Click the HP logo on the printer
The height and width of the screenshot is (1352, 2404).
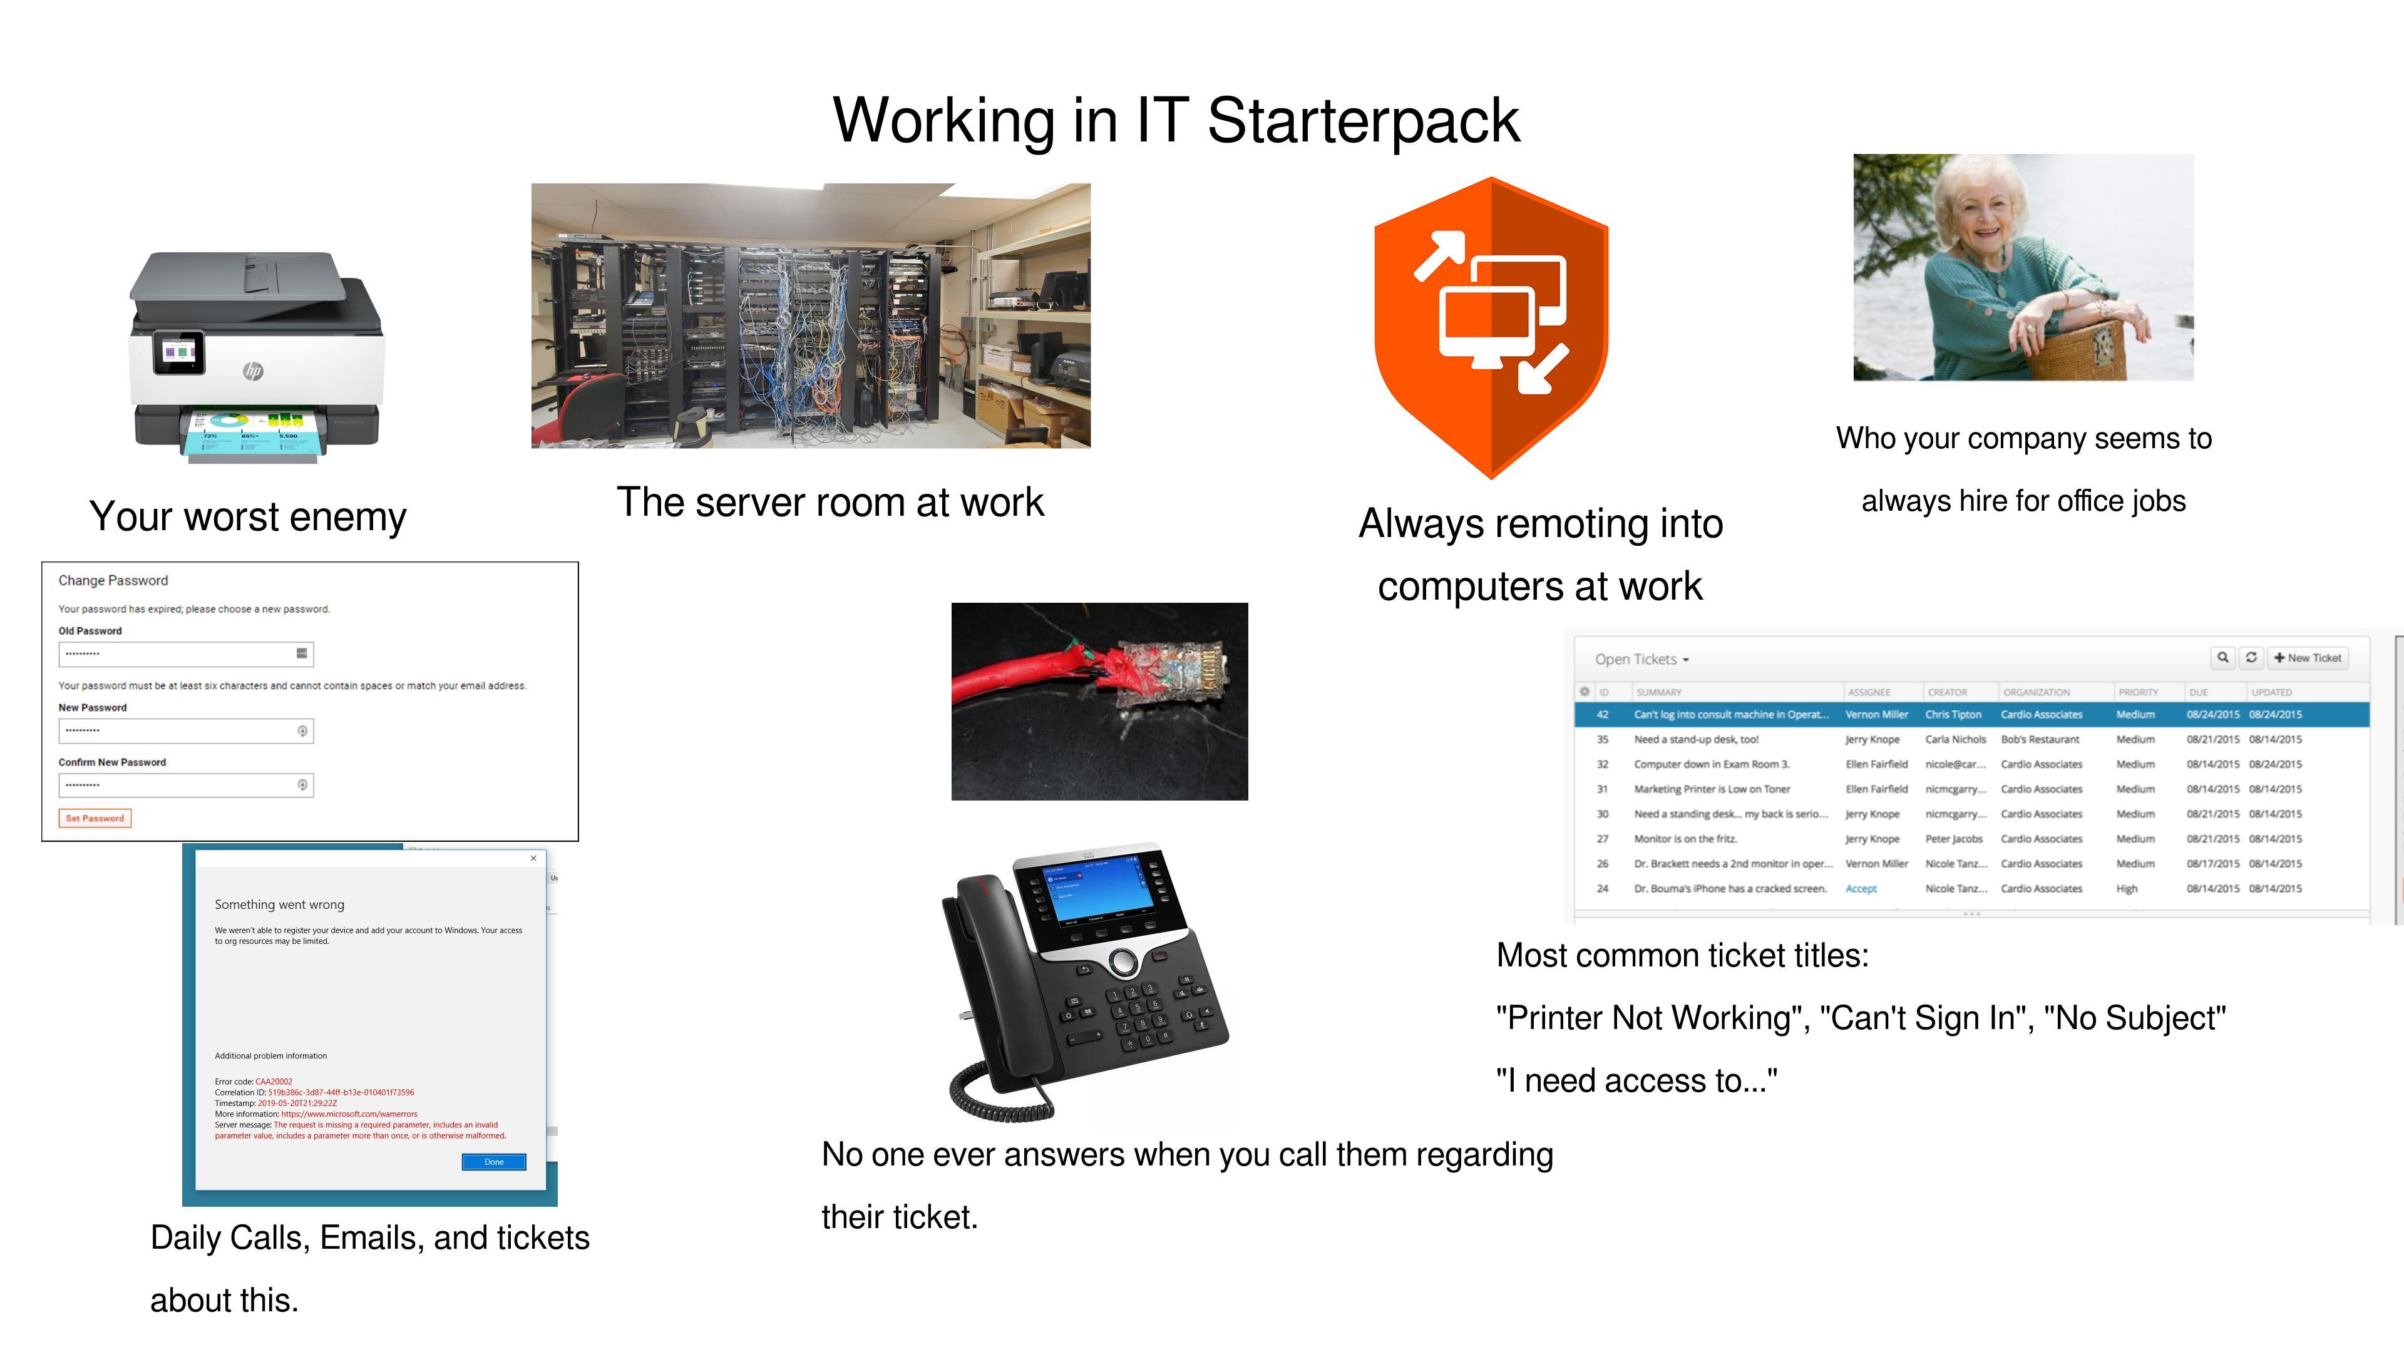(x=253, y=371)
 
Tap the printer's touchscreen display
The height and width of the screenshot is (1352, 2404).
(x=179, y=352)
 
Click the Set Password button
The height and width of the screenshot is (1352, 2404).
(x=95, y=818)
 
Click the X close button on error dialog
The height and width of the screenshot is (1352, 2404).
(x=533, y=858)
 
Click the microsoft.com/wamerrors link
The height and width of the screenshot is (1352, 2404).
(x=349, y=1114)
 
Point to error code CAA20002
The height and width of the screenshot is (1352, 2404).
(x=274, y=1082)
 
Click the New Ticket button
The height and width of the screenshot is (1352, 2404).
(x=2307, y=658)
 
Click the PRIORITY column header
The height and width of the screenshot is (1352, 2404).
(x=2138, y=692)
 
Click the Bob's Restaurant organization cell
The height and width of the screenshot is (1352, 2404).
(x=2040, y=740)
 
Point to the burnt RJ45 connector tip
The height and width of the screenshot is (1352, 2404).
(x=1204, y=677)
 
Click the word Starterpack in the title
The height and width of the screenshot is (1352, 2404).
(x=1364, y=120)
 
